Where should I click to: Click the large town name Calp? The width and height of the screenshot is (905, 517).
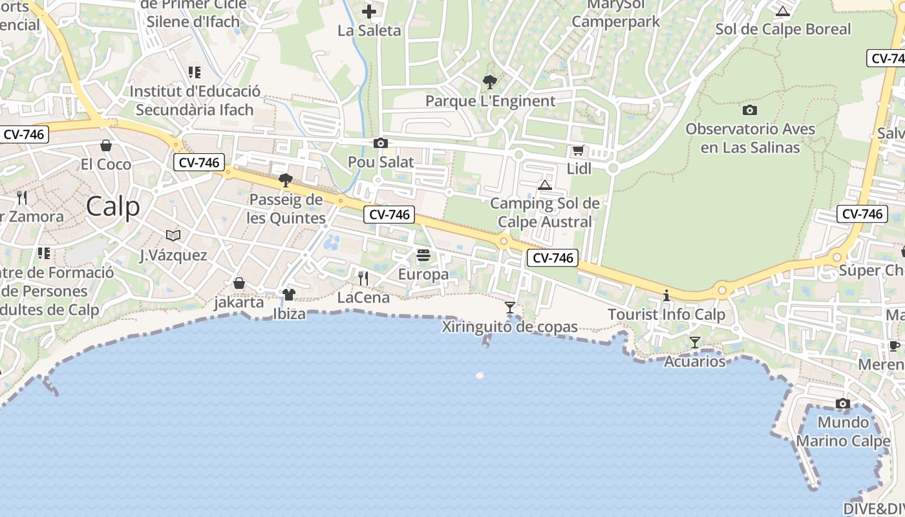coord(112,207)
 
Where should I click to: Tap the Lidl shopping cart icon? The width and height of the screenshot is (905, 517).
coord(578,151)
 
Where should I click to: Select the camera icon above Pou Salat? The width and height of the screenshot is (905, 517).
coord(381,143)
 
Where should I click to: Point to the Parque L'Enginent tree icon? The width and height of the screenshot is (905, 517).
coord(490,82)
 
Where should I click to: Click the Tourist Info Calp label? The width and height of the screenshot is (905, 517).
coord(666,315)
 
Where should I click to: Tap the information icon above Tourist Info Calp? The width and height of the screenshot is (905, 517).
coord(666,296)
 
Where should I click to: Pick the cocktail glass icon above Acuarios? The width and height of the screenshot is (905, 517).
coord(695,343)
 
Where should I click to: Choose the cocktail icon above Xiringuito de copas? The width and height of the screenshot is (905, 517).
coord(510,308)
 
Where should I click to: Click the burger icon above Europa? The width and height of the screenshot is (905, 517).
coord(423,255)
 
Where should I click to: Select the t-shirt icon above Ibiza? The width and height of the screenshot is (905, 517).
coord(288,295)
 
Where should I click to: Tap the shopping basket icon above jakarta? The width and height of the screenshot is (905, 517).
coord(239,283)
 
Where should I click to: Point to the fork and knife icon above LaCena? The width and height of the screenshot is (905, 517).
coord(363,279)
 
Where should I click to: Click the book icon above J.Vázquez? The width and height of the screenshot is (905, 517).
coord(173,235)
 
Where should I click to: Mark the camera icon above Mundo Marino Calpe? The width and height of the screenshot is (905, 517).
coord(843,404)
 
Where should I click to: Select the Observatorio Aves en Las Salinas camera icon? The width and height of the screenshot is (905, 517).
coord(750,110)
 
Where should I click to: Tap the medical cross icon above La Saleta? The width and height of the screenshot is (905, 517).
coord(369,11)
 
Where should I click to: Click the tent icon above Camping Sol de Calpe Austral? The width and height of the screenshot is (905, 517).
coord(545,185)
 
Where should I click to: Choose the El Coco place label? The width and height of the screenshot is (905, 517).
coord(106,164)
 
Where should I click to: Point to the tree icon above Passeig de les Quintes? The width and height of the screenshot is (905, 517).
coord(285,180)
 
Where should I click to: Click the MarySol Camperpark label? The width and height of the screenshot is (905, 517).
coord(616,14)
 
